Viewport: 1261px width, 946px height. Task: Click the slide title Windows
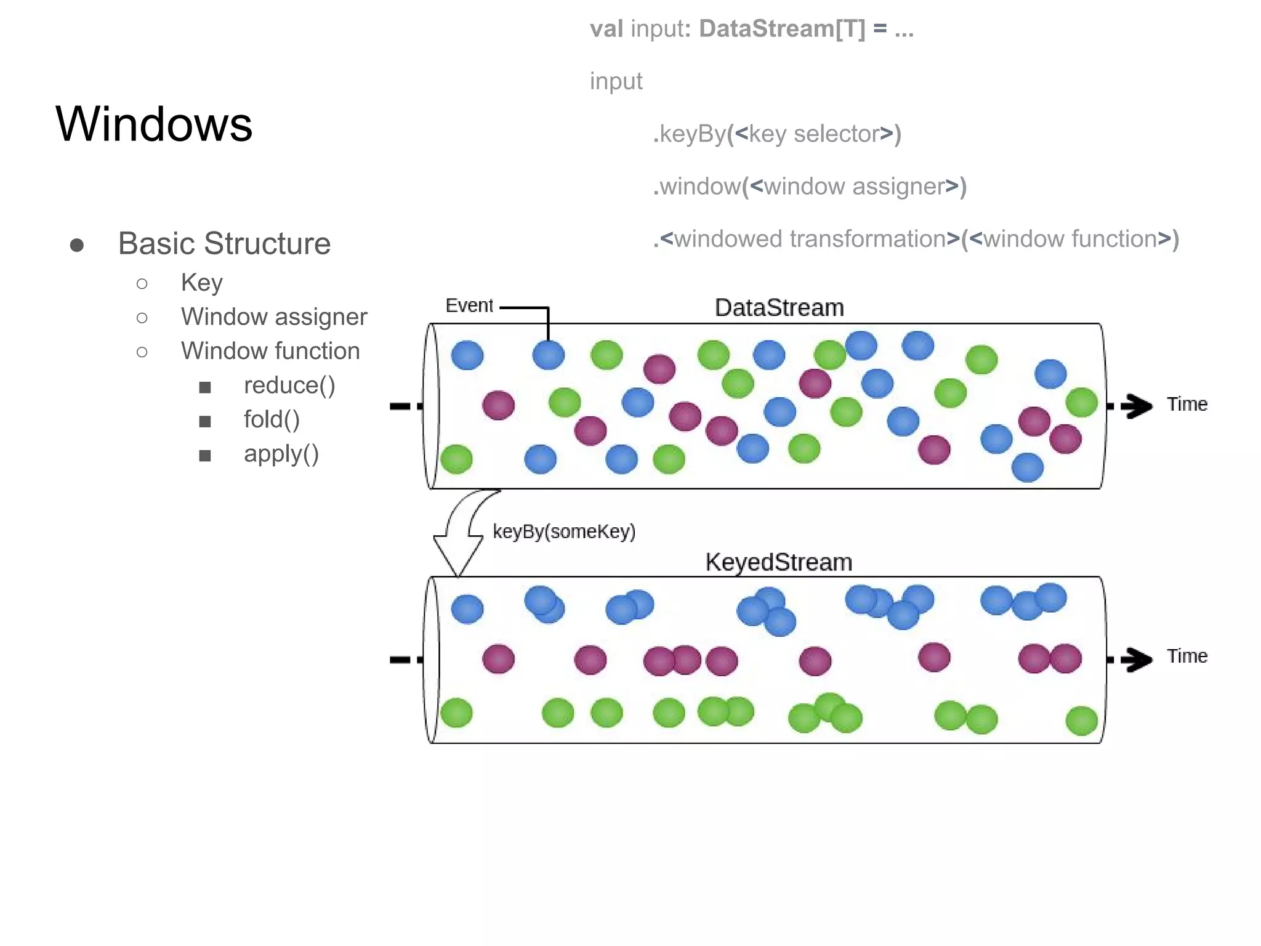[x=154, y=124]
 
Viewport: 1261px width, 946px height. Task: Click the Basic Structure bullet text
[x=224, y=243]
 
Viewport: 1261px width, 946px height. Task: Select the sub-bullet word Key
[x=201, y=283]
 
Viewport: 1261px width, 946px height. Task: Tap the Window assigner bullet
[x=273, y=317]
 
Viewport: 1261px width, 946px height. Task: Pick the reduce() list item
[x=289, y=386]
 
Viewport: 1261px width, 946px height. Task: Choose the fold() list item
[x=272, y=419]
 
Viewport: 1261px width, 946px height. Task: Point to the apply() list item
[x=281, y=454]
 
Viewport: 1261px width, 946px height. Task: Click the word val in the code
[x=606, y=29]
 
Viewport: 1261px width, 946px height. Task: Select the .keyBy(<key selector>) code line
[x=776, y=134]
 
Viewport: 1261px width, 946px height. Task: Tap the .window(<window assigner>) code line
[x=809, y=186]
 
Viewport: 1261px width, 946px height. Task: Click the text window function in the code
[x=1069, y=239]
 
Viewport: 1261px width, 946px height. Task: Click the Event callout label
[x=469, y=305]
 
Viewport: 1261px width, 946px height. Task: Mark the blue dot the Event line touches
[x=548, y=355]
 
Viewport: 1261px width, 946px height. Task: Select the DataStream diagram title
[x=779, y=307]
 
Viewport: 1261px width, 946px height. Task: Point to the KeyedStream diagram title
[x=778, y=562]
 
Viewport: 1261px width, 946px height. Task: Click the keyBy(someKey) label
[x=563, y=531]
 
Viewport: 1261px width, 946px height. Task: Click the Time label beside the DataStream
[x=1186, y=404]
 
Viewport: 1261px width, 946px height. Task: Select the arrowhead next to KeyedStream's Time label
[x=1138, y=659]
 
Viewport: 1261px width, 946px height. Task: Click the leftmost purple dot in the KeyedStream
[x=498, y=659]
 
